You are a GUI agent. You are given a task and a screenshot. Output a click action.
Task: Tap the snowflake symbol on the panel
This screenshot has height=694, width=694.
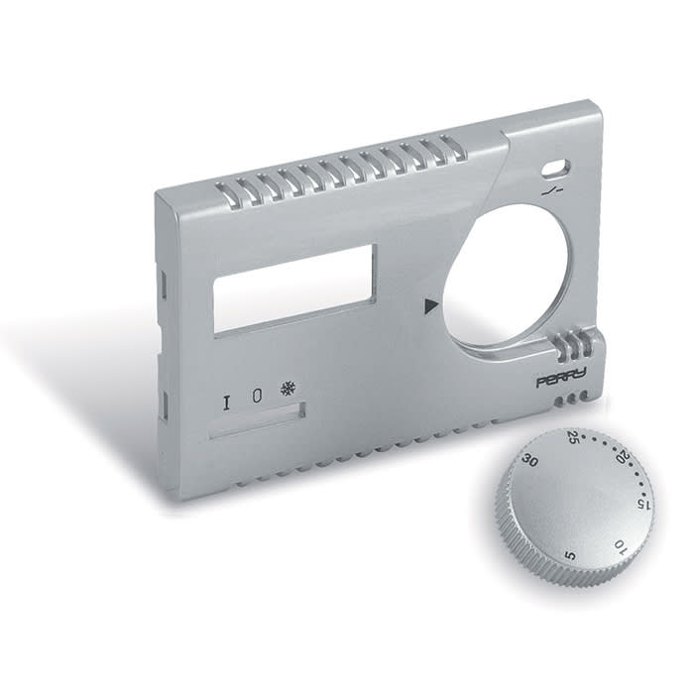point(289,388)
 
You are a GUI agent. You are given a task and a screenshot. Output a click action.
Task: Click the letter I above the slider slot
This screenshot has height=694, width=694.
point(227,402)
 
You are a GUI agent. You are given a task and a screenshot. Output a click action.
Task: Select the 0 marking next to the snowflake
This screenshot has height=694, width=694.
point(257,395)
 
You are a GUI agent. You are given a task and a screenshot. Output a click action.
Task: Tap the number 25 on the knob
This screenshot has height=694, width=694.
point(573,437)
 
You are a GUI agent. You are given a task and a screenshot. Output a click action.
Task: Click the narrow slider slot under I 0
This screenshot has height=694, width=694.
point(256,420)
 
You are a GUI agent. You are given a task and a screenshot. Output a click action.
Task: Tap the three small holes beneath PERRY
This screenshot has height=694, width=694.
point(574,400)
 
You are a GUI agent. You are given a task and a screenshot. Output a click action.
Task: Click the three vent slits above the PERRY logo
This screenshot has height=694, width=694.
point(574,348)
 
